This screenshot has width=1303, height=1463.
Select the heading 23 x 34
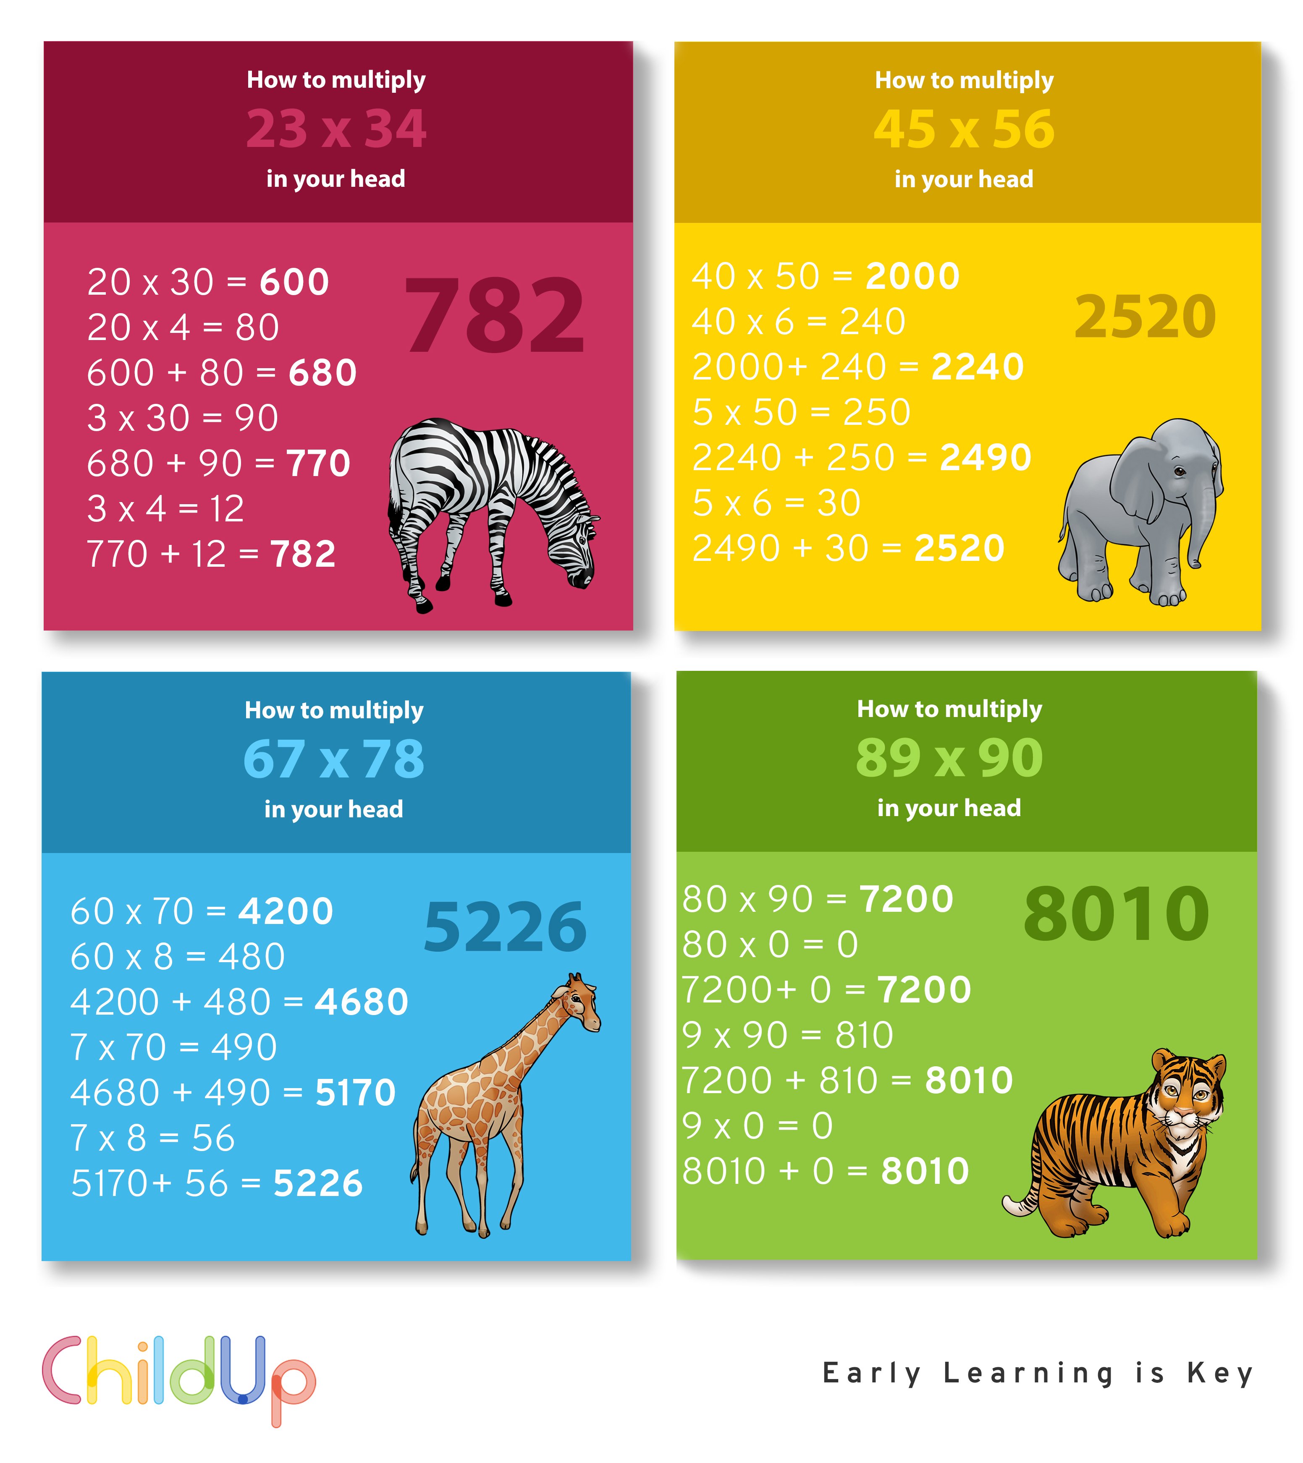pos(336,129)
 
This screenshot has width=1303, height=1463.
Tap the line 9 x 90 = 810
pos(787,1035)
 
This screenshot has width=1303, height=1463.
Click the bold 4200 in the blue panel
pos(286,911)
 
